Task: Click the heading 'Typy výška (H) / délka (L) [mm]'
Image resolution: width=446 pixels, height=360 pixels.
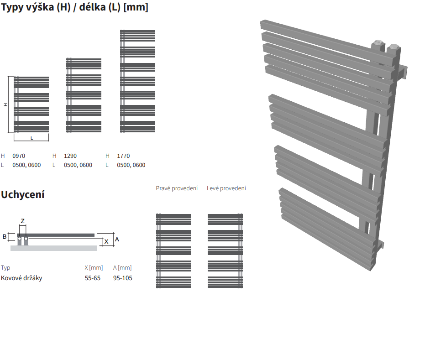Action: [74, 7]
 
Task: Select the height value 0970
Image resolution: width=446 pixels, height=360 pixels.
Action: [19, 156]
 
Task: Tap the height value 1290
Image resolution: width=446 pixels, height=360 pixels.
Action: [70, 156]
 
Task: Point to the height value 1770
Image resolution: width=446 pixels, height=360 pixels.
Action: [123, 156]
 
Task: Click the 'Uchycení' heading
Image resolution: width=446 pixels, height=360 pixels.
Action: [23, 194]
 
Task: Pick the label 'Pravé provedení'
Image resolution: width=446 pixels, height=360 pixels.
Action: [177, 188]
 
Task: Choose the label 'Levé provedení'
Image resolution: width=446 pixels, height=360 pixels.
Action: [226, 188]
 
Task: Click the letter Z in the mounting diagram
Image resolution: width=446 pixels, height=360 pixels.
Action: [23, 221]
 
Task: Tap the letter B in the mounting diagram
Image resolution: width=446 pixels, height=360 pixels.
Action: [5, 237]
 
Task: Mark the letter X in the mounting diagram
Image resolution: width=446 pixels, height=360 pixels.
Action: [106, 241]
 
